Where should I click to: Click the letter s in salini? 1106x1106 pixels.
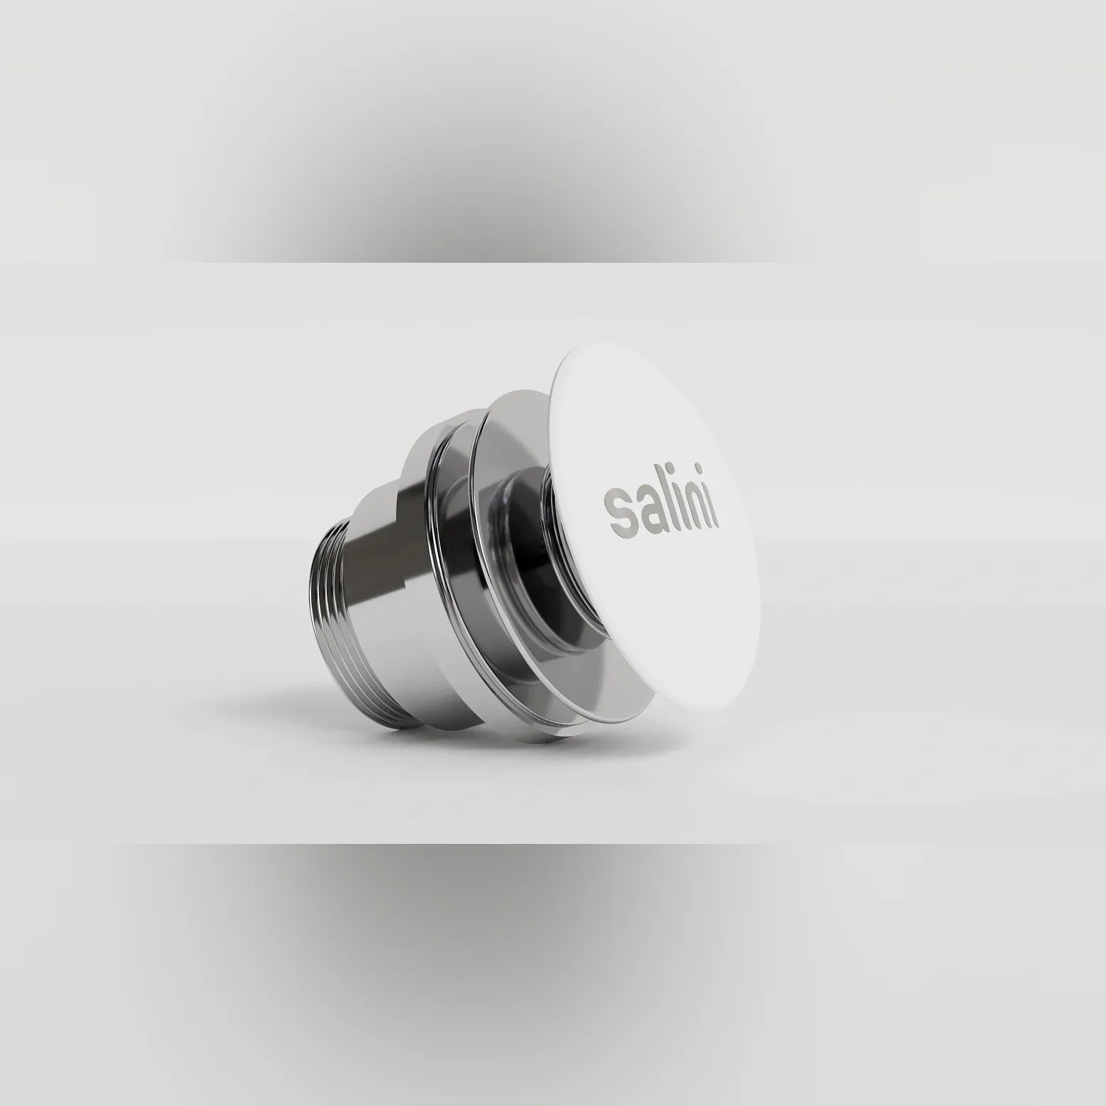(616, 507)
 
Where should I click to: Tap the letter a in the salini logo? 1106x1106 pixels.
(645, 508)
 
